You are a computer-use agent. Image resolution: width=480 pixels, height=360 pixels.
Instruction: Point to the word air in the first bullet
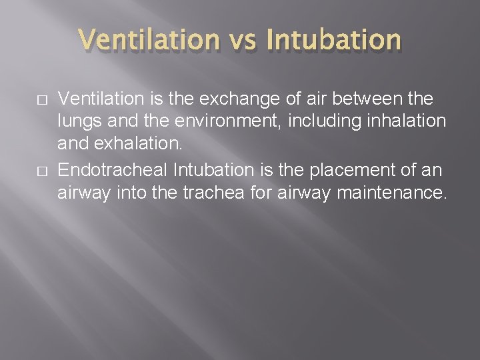click(x=305, y=99)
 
